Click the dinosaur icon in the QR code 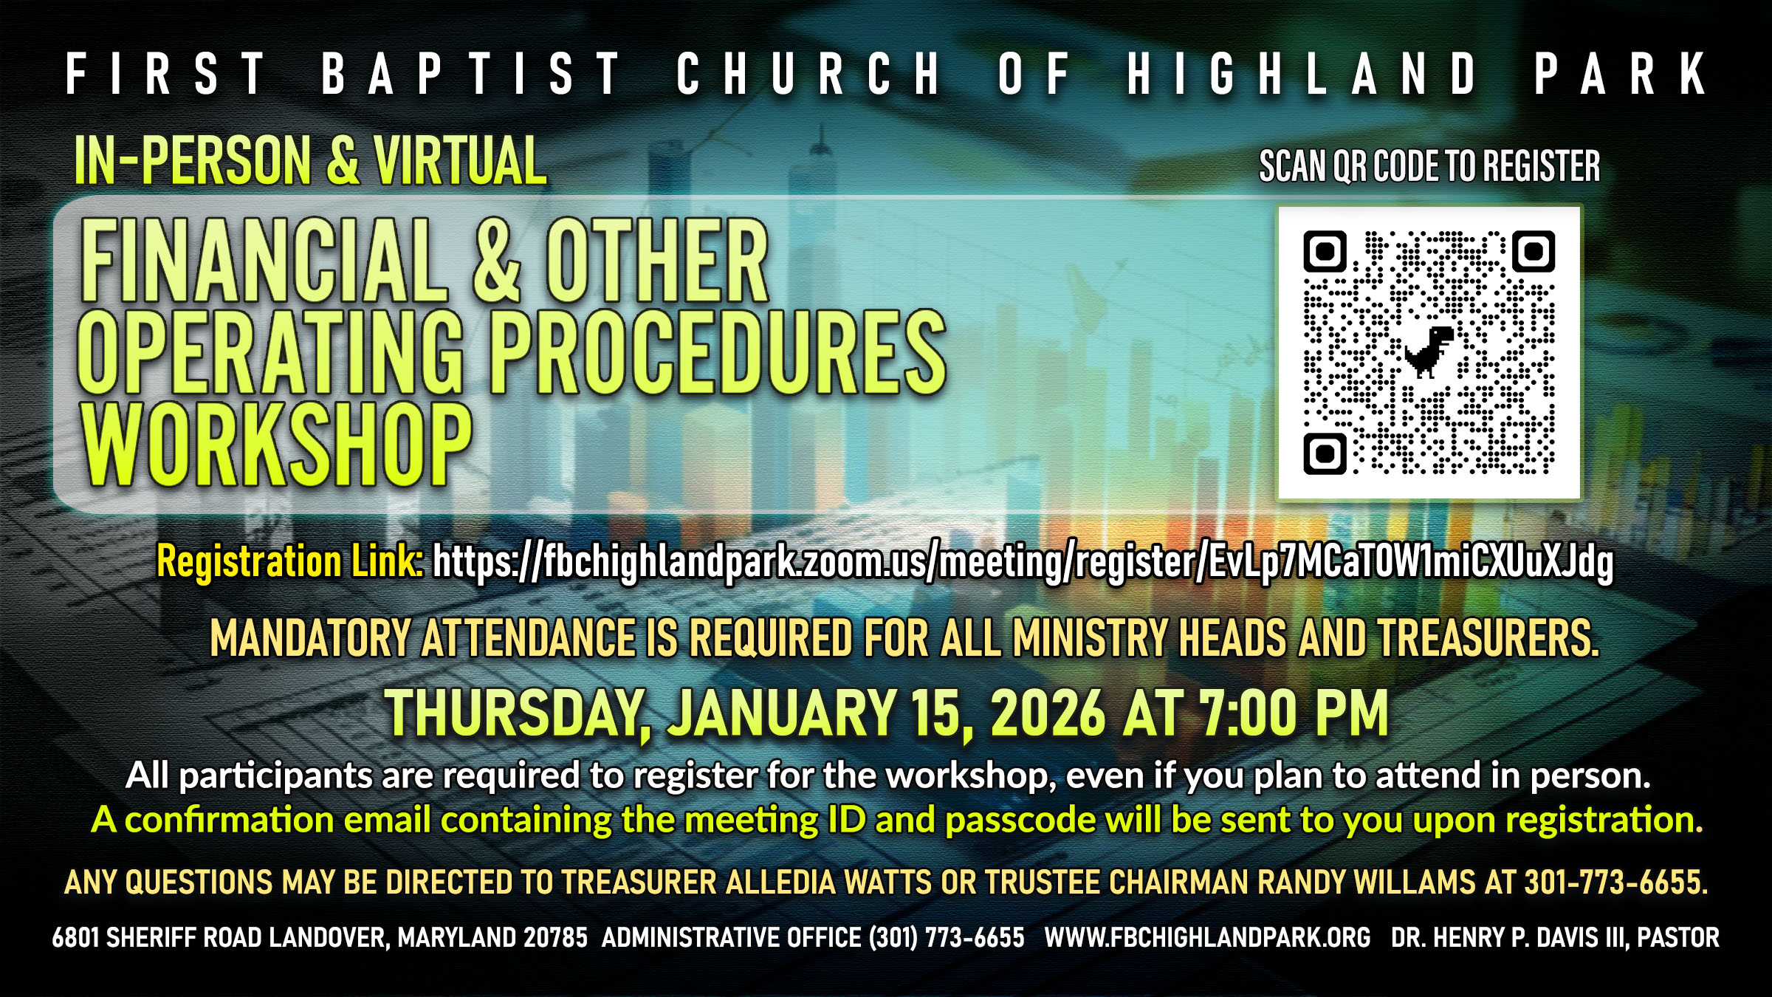1429,351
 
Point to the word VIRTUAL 460,160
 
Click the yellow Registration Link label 289,562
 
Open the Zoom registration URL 1023,563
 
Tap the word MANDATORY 310,638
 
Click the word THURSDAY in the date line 514,713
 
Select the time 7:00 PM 1294,713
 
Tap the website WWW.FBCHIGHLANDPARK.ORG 1207,938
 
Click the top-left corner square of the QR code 1325,252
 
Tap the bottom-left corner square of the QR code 1325,453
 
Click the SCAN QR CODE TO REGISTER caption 1429,166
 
